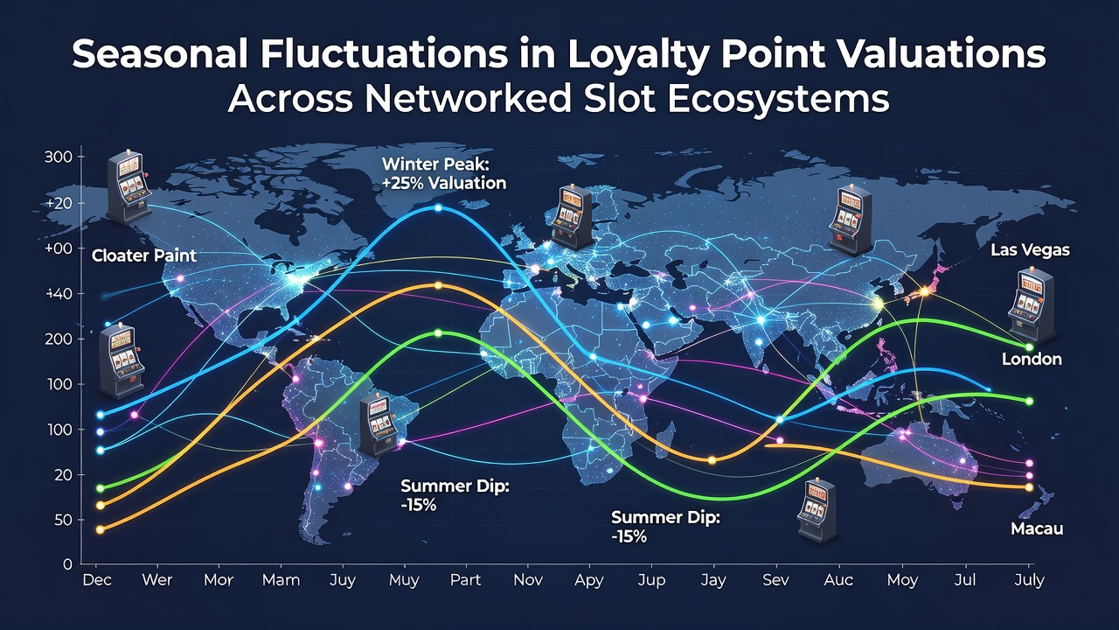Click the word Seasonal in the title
coord(160,54)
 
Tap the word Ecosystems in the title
coord(778,100)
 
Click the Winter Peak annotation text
coord(444,173)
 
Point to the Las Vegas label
coord(1030,250)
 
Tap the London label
coord(1032,359)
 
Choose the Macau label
coord(1037,529)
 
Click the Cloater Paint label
coord(144,256)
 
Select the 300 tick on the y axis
coord(58,157)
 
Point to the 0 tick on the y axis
coord(67,564)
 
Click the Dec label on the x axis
coord(97,580)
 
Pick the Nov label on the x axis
coord(528,580)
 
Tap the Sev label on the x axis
coord(775,580)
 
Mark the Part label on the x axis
coord(465,580)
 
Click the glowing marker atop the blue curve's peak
coord(438,207)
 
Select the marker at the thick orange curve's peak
coord(438,285)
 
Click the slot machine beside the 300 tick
coord(129,186)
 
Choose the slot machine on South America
coord(379,426)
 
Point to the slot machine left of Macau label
coord(816,509)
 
